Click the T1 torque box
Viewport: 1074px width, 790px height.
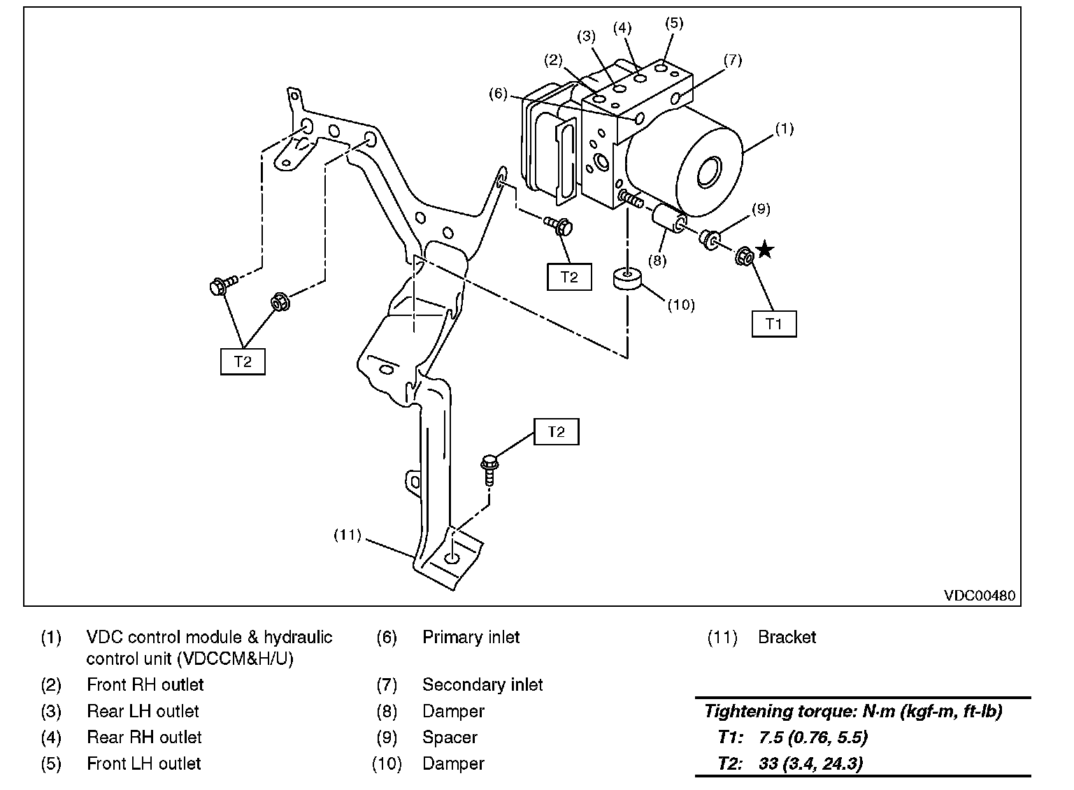click(x=773, y=324)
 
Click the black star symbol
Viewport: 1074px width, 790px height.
click(x=766, y=250)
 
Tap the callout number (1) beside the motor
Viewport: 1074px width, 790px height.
click(x=785, y=129)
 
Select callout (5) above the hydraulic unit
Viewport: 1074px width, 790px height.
click(x=673, y=23)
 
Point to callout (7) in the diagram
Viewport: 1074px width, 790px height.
click(x=732, y=60)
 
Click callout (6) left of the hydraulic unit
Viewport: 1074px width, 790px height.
click(x=498, y=94)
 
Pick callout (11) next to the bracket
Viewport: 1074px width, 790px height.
click(x=347, y=536)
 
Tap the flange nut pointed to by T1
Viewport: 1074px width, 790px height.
click(x=745, y=257)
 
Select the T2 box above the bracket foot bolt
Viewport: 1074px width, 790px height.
click(x=556, y=432)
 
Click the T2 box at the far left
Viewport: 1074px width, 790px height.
click(x=242, y=361)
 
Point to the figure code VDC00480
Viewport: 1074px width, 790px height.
click(x=979, y=596)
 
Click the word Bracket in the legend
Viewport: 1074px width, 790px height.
click(x=787, y=638)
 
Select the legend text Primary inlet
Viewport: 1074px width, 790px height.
click(x=471, y=638)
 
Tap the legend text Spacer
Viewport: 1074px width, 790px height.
click(x=450, y=738)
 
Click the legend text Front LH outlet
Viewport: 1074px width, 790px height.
click(x=143, y=764)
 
